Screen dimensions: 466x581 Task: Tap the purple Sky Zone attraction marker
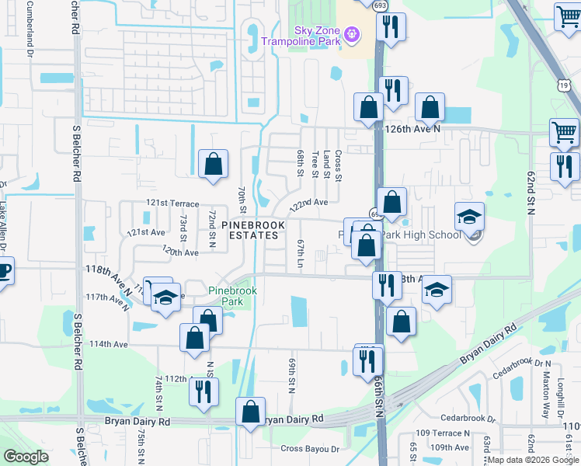click(x=351, y=35)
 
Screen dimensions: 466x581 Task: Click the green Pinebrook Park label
click(x=232, y=296)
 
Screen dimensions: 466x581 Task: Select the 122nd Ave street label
click(x=309, y=204)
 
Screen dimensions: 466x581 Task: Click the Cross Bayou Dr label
click(x=310, y=449)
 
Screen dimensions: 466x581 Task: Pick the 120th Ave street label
click(x=181, y=252)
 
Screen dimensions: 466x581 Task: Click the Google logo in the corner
click(x=26, y=457)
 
